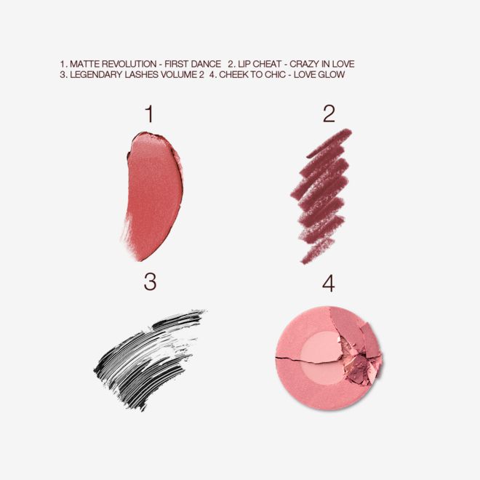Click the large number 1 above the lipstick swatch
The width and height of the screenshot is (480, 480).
click(149, 113)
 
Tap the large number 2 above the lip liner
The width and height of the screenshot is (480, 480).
click(329, 113)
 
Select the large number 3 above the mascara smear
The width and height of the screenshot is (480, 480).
click(150, 282)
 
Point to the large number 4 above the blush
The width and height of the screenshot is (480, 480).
click(329, 283)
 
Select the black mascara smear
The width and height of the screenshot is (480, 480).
click(149, 350)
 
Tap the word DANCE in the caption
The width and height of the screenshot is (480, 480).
click(205, 64)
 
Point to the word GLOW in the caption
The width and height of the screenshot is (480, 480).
click(332, 75)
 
